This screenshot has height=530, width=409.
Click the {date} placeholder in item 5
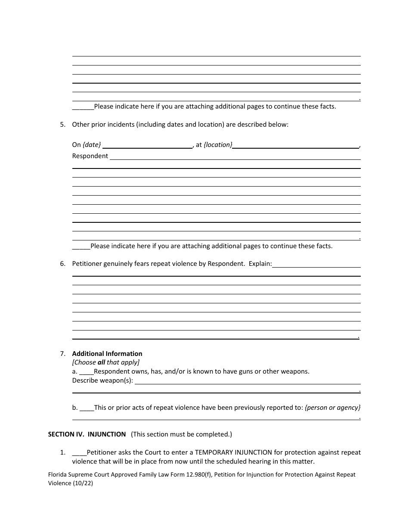pyautogui.click(x=92, y=145)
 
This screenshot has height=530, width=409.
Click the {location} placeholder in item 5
pyautogui.click(x=218, y=145)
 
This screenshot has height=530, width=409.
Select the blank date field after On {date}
pyautogui.click(x=147, y=146)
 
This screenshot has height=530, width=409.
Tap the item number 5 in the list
pyautogui.click(x=63, y=125)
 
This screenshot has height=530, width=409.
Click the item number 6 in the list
pyautogui.click(x=63, y=264)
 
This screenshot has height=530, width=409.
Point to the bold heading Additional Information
pyautogui.click(x=107, y=354)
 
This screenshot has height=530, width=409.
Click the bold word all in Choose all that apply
pyautogui.click(x=101, y=362)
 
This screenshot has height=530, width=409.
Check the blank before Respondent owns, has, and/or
pyautogui.click(x=87, y=371)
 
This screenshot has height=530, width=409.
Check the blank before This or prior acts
pyautogui.click(x=87, y=407)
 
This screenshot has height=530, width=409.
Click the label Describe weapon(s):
pyautogui.click(x=102, y=380)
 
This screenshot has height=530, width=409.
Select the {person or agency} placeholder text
pyautogui.click(x=332, y=407)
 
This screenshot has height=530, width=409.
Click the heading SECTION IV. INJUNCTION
pyautogui.click(x=87, y=434)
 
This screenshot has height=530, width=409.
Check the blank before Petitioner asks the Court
pyautogui.click(x=79, y=452)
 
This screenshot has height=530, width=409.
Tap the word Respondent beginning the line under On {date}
pyautogui.click(x=90, y=156)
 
